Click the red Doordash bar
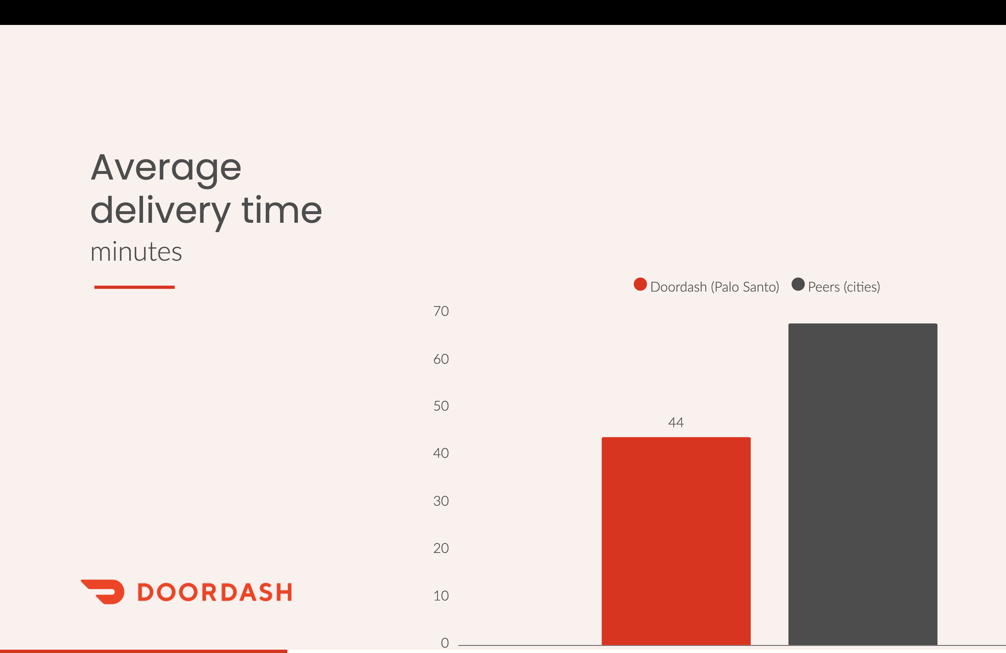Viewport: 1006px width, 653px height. [676, 541]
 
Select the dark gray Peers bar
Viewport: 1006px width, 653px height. [862, 484]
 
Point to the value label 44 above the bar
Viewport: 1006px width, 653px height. [676, 422]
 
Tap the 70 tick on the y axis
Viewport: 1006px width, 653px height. [441, 311]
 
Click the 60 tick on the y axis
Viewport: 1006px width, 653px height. [441, 359]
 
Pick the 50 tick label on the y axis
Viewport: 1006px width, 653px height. [441, 406]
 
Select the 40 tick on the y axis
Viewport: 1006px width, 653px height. [441, 453]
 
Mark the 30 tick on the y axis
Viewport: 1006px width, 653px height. [441, 501]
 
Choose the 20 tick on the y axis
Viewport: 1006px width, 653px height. [441, 548]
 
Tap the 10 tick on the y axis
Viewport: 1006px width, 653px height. [441, 595]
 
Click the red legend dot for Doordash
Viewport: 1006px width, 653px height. [640, 284]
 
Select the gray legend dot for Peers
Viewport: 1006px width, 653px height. [798, 284]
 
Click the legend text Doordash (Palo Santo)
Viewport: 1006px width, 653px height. [714, 287]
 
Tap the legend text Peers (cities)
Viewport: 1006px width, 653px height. [844, 287]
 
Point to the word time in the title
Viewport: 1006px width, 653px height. [281, 210]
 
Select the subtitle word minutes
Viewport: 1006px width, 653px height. [136, 252]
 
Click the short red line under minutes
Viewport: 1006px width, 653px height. [134, 287]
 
